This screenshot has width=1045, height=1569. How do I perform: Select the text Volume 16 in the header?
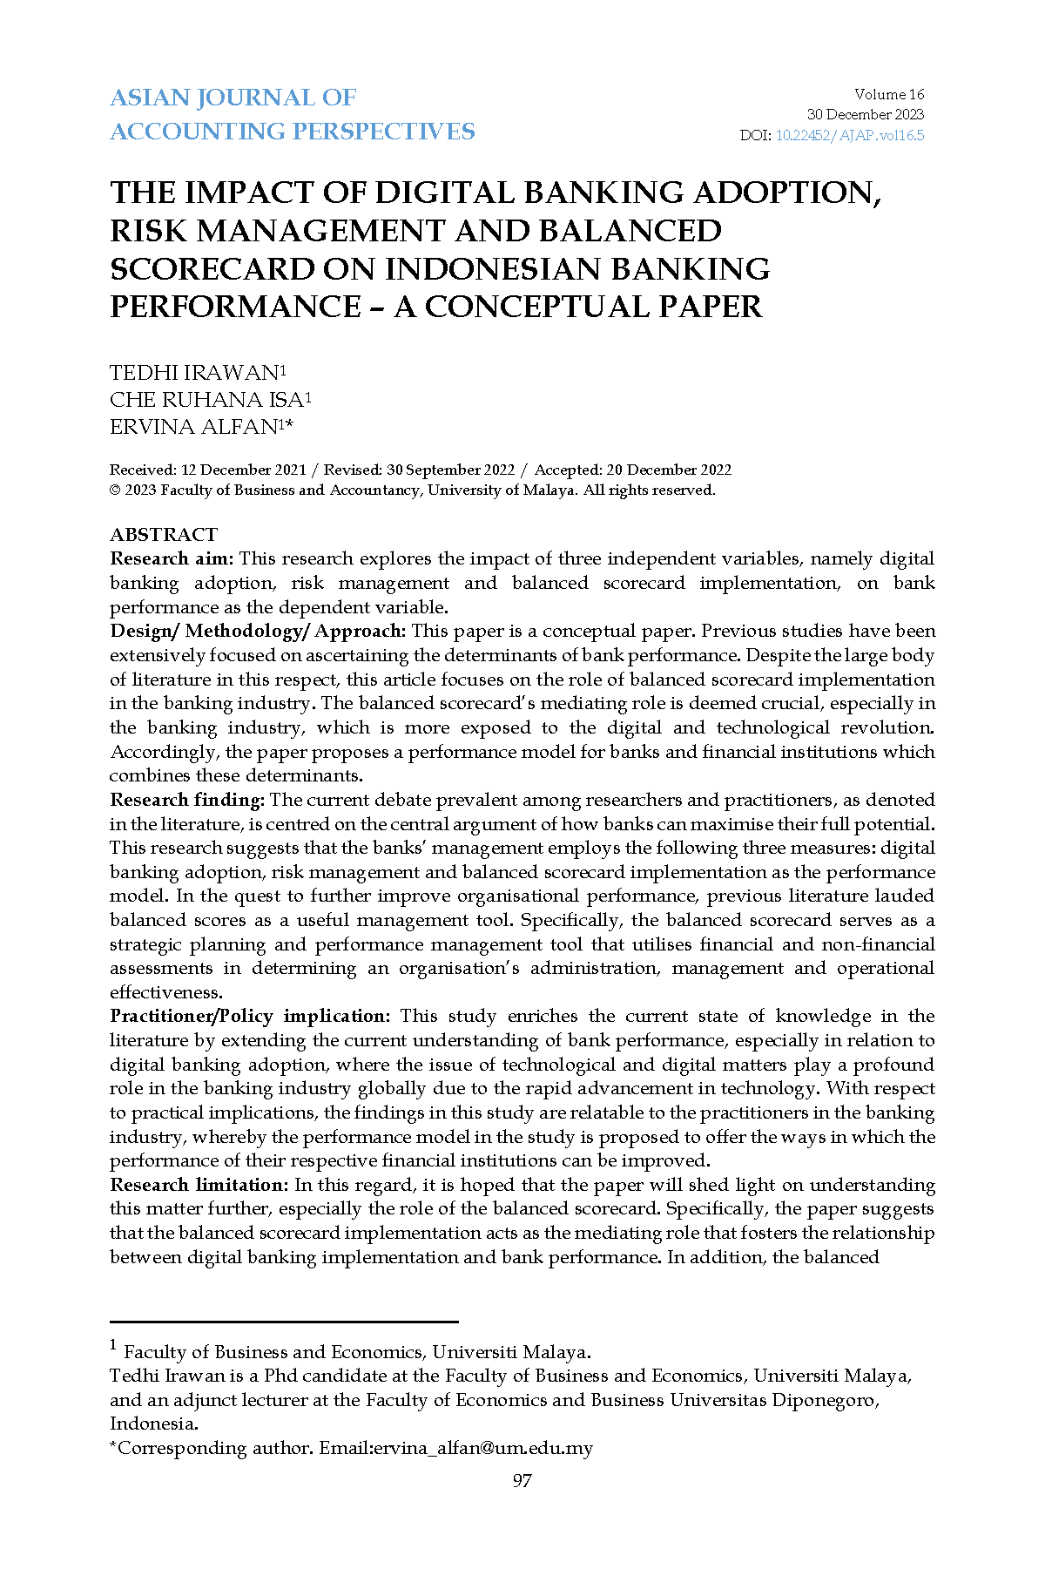click(889, 95)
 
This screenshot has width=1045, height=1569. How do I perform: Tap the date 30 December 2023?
click(865, 115)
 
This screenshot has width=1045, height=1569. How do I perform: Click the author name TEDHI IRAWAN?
click(193, 373)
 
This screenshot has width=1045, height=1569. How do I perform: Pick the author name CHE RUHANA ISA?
click(206, 400)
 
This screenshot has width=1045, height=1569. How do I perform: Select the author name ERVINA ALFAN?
click(193, 427)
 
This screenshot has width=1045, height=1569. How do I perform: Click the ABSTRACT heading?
click(164, 534)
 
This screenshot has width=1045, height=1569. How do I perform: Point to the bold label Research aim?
click(172, 558)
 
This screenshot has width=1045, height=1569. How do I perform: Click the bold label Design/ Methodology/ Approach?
click(258, 631)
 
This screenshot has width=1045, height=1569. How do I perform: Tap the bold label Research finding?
click(187, 800)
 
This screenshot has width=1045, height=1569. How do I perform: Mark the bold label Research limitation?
click(199, 1185)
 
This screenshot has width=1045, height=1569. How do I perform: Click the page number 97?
click(522, 1481)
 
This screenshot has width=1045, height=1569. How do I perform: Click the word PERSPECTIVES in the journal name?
click(383, 132)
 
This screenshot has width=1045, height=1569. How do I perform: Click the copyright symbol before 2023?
click(115, 490)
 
